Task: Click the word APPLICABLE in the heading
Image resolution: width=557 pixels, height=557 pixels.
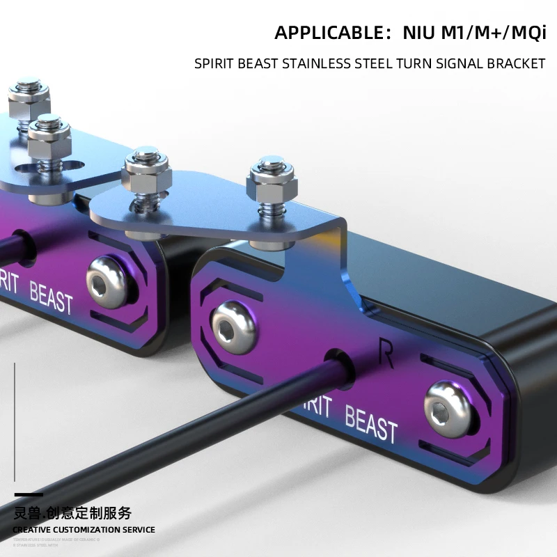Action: (x=326, y=33)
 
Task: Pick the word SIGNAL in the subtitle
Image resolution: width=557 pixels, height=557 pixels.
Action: (x=455, y=64)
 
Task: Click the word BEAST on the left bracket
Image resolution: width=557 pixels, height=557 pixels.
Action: (x=51, y=298)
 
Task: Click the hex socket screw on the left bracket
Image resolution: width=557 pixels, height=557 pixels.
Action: (x=107, y=280)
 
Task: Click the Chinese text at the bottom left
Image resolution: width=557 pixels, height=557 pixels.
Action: (x=72, y=514)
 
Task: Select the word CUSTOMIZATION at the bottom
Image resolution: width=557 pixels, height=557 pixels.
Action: (x=90, y=530)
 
